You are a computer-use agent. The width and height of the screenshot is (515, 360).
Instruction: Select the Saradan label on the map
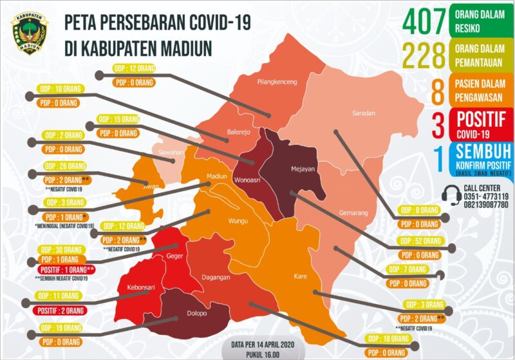click(x=364, y=113)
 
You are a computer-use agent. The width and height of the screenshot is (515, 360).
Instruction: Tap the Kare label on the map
click(x=300, y=276)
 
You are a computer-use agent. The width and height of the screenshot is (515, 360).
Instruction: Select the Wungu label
click(x=238, y=222)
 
